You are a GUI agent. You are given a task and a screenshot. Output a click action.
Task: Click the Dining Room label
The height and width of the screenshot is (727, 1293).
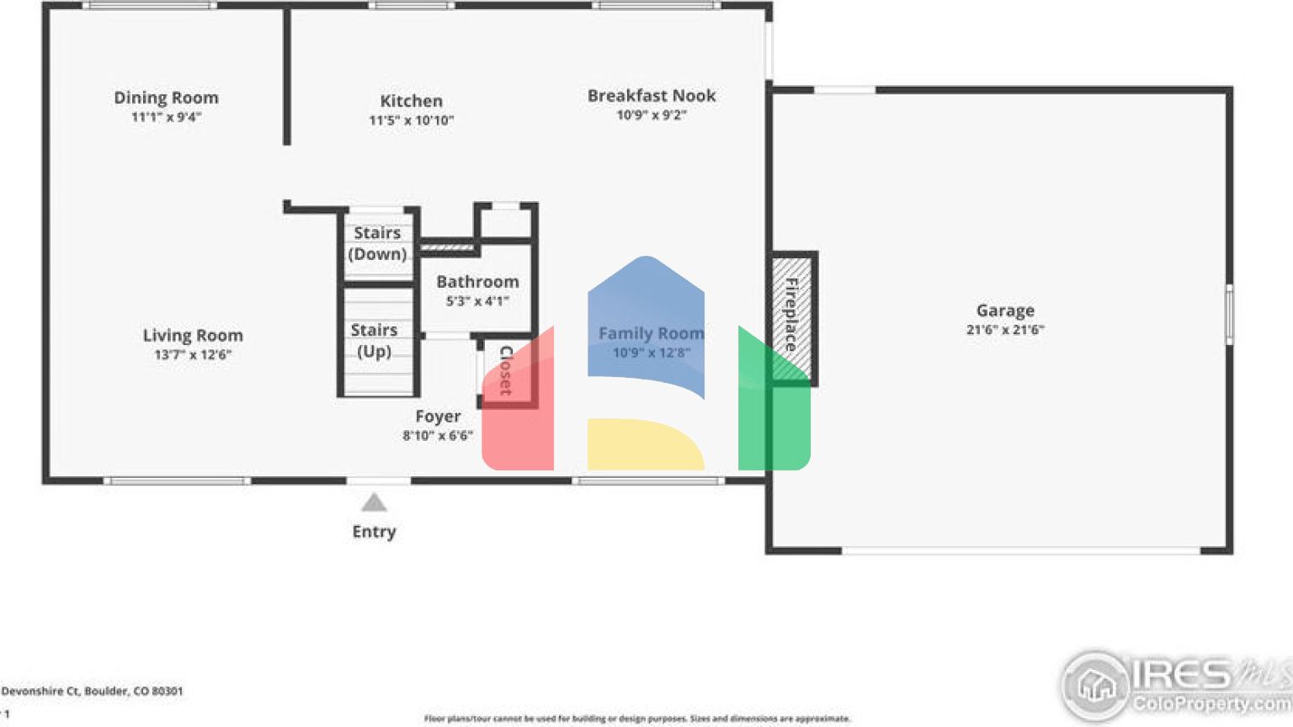click(x=166, y=98)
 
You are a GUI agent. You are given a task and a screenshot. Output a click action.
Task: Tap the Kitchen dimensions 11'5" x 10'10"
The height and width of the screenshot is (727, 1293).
click(x=411, y=120)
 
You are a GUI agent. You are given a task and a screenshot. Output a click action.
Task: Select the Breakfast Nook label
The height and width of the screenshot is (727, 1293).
click(x=652, y=96)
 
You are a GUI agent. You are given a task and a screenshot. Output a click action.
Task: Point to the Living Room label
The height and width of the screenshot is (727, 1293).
click(x=193, y=335)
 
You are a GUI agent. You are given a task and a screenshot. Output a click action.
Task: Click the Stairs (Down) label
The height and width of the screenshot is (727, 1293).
click(x=377, y=243)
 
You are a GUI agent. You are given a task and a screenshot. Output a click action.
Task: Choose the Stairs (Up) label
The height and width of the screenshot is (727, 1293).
click(x=375, y=340)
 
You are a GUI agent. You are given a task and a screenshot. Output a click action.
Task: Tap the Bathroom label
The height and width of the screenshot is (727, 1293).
click(x=477, y=282)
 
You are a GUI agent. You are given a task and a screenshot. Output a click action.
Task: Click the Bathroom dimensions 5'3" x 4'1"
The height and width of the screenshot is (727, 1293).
click(x=477, y=301)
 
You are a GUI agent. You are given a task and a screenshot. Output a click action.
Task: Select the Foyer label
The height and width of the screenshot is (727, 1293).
click(x=438, y=417)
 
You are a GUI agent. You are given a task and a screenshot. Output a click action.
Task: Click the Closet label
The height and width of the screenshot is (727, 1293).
click(x=506, y=370)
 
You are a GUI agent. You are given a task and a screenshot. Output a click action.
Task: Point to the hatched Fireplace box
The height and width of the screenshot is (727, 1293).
click(x=791, y=317)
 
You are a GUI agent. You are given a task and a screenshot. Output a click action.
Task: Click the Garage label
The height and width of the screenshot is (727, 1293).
click(x=1005, y=310)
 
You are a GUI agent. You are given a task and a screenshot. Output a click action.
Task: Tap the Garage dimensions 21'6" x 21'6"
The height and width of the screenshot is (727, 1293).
click(x=1005, y=330)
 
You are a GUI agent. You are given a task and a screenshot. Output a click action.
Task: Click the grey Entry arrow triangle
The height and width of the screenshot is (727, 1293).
click(x=374, y=503)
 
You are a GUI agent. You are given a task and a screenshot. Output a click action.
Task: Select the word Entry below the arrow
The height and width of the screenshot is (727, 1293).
click(x=374, y=532)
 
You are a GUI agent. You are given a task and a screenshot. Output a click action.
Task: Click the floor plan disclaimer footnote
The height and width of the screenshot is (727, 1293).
click(x=637, y=719)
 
